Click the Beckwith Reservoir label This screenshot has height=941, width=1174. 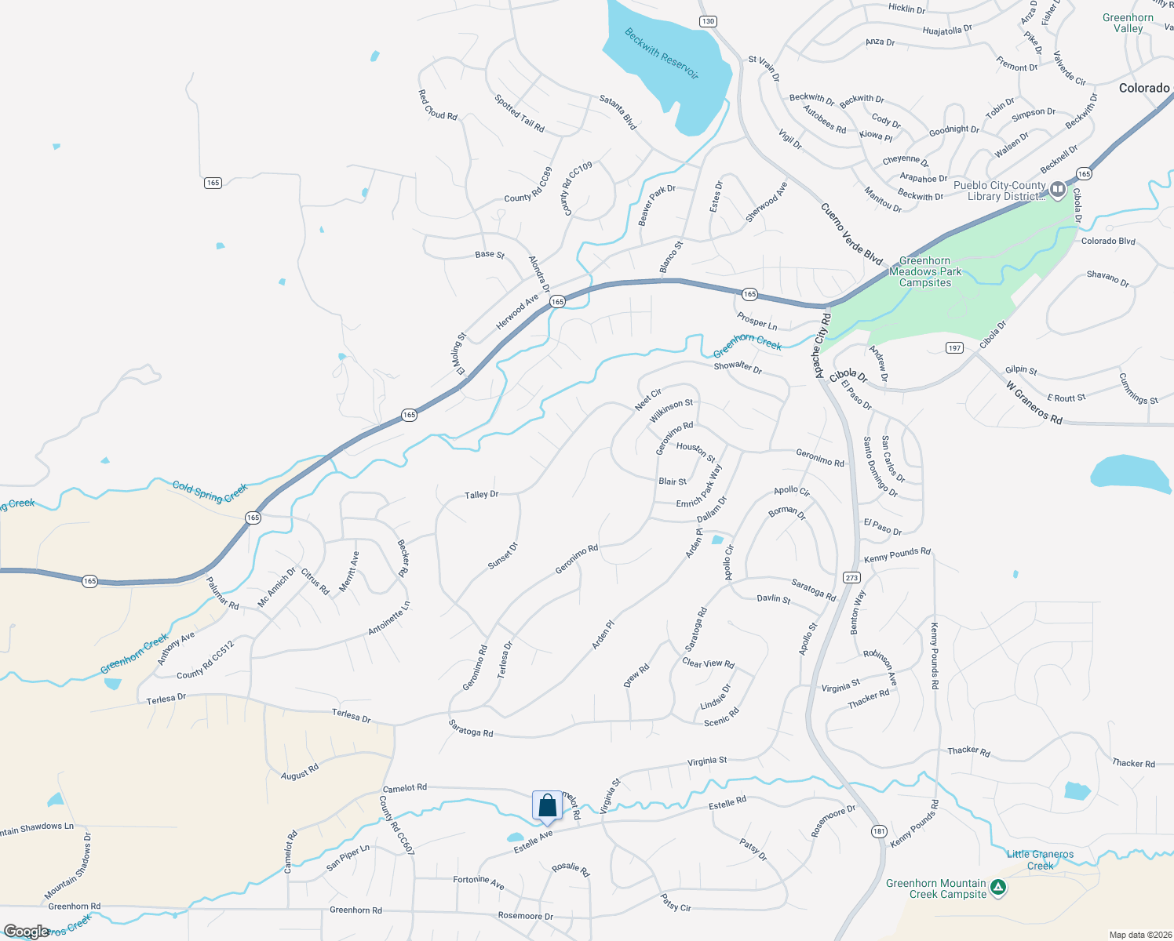(x=661, y=54)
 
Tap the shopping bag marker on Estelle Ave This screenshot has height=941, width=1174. (x=547, y=806)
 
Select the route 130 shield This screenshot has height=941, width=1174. (x=708, y=21)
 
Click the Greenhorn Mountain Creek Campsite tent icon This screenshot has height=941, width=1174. (x=997, y=888)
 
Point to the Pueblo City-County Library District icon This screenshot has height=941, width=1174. (x=1057, y=189)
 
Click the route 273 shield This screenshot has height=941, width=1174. (x=851, y=577)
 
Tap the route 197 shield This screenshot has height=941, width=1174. (x=953, y=347)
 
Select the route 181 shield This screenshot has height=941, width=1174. (x=878, y=831)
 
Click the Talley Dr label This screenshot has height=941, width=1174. (x=481, y=495)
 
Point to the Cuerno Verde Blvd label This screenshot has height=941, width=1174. (x=851, y=234)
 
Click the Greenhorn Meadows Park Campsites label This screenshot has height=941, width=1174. (x=925, y=271)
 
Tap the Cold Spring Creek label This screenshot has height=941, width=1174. (x=210, y=492)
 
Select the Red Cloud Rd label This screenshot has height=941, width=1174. (x=437, y=105)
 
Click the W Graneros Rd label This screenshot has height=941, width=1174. (x=1034, y=403)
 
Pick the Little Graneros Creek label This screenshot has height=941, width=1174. (x=1040, y=860)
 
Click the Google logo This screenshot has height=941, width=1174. (x=26, y=932)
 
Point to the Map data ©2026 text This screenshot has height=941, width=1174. (x=1137, y=935)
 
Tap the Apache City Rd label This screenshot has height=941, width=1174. (x=821, y=346)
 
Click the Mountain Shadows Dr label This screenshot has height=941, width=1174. (x=67, y=866)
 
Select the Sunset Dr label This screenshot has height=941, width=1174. (x=502, y=555)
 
